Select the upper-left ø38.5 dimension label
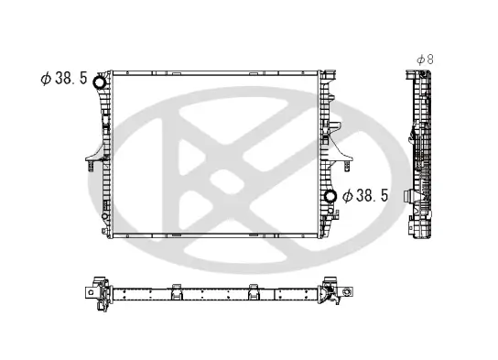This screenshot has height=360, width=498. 63,79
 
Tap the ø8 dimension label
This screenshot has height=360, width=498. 425,59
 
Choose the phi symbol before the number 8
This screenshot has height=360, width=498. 420,59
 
